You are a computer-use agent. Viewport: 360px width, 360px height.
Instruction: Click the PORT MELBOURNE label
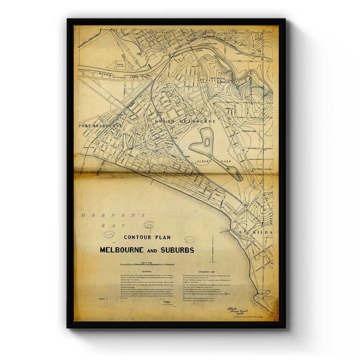coord(100,126)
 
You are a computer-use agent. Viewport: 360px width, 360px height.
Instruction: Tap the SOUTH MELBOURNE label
coord(185,121)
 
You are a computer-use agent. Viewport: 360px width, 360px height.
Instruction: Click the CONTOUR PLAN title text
coord(147,237)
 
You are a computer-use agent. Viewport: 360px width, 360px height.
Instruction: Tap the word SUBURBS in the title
coord(178,250)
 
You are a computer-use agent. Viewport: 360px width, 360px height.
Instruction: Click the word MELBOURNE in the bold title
coord(121,250)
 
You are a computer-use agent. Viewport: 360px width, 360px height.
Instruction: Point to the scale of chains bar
coord(147,264)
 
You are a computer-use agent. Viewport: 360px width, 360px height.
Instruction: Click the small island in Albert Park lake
coord(207,142)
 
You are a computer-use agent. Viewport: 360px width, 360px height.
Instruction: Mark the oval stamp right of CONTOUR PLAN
coord(190,240)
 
